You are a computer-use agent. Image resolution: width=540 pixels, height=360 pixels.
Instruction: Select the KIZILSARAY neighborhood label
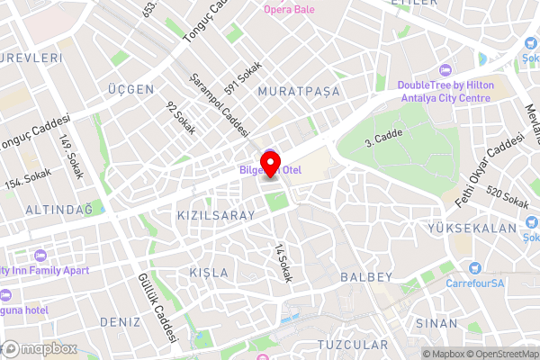216,217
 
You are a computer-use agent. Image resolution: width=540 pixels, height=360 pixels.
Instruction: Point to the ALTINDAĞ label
59,209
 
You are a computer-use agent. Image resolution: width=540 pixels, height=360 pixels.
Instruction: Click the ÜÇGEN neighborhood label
131,89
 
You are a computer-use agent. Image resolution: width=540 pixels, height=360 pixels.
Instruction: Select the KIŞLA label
210,272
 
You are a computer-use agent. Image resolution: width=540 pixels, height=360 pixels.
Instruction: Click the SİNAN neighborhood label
436,321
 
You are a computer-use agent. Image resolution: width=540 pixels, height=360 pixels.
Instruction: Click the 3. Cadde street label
382,136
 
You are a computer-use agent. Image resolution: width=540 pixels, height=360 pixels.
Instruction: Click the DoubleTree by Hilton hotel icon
444,70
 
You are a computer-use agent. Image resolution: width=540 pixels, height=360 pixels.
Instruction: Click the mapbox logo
40,348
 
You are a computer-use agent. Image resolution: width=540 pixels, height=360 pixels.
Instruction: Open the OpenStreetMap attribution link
492,354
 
